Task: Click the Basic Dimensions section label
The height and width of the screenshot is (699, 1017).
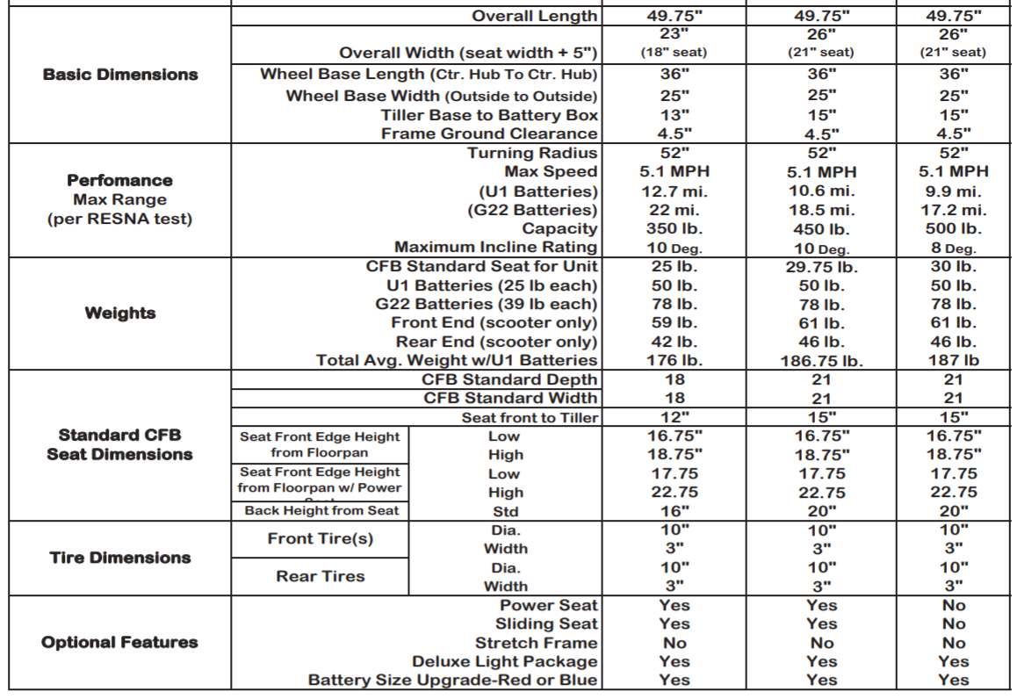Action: [x=120, y=75]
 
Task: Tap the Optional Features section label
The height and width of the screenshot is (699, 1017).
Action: [x=120, y=642]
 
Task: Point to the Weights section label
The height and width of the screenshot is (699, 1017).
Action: [x=120, y=313]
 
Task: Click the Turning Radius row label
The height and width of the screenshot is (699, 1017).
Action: [x=532, y=153]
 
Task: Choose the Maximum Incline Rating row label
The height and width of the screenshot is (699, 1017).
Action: [x=496, y=248]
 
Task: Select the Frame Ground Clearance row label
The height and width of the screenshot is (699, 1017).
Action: [x=490, y=133]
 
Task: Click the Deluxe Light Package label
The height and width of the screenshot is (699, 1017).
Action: [x=505, y=661]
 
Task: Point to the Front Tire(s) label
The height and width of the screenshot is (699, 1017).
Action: [x=321, y=539]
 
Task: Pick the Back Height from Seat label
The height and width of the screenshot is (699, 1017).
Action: [x=321, y=510]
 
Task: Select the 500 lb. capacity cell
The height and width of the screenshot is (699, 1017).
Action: [x=953, y=229]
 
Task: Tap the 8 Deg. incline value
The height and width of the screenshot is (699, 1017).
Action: [x=953, y=248]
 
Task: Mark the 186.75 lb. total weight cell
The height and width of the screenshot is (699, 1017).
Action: [x=821, y=361]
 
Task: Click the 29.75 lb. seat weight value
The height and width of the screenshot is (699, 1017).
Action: [x=821, y=266]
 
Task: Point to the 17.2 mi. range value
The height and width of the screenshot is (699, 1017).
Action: [x=953, y=211]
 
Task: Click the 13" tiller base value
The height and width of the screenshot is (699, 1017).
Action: [x=674, y=115]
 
